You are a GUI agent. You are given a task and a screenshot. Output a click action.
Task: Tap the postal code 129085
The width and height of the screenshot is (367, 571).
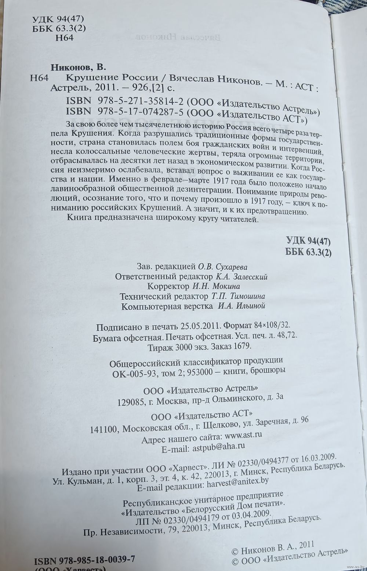pos(130,402)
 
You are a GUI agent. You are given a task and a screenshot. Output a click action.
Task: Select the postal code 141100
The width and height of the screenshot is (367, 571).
pos(103,429)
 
